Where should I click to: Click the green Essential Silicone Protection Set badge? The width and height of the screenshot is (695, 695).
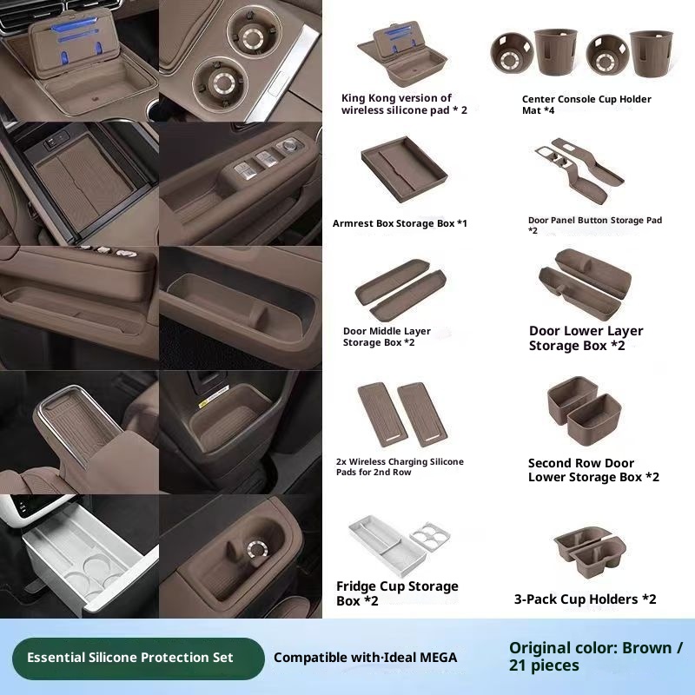(138, 659)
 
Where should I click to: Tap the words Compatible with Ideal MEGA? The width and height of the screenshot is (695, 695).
(365, 658)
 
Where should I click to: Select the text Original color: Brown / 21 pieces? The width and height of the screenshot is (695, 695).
(596, 657)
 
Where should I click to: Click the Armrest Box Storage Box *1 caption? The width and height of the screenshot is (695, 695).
(400, 223)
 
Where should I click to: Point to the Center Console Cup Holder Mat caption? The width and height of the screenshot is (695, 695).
(586, 104)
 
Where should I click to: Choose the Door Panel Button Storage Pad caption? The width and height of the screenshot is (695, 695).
(595, 225)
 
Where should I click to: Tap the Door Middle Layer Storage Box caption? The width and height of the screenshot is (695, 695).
(387, 337)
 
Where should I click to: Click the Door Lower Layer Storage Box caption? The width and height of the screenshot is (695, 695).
(586, 338)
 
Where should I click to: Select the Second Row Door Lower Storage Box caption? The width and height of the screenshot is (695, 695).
(593, 470)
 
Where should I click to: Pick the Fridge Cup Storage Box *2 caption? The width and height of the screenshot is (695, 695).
(397, 593)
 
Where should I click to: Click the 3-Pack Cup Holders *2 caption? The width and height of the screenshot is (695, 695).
(585, 599)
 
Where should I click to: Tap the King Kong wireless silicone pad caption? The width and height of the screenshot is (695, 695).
(404, 104)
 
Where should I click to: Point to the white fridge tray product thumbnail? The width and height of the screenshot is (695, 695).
(387, 546)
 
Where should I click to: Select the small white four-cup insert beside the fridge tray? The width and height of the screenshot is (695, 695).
(430, 536)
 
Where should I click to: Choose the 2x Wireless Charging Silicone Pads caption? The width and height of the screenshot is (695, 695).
(400, 467)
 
